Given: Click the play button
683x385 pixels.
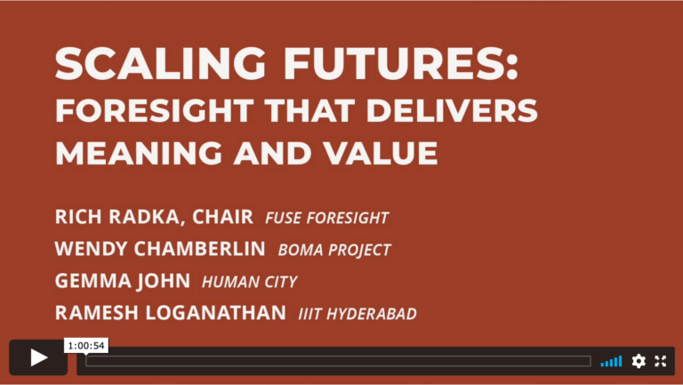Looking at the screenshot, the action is (x=38, y=357).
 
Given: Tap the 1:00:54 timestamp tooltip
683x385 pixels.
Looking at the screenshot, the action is (x=86, y=346).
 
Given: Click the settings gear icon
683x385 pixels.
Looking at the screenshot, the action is (x=639, y=361).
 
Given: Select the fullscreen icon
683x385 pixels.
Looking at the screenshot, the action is (x=661, y=361).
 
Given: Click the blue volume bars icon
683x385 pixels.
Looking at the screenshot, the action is (x=611, y=362).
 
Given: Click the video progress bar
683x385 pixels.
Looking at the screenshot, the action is (x=338, y=361).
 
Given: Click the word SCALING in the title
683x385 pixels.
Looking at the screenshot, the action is (x=160, y=64).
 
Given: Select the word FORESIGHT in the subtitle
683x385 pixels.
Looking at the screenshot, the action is (x=155, y=110).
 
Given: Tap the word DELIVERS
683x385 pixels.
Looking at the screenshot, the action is (x=452, y=110).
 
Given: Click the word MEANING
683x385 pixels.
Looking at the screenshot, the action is (x=139, y=153).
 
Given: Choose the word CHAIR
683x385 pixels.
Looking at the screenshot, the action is (x=222, y=217).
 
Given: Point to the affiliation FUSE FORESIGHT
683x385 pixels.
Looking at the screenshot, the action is (x=326, y=218).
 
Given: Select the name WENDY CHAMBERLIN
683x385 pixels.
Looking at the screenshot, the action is (x=160, y=249).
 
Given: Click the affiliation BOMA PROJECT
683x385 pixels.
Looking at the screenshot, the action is (x=334, y=250).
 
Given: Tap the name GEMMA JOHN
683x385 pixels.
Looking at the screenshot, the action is (x=123, y=281).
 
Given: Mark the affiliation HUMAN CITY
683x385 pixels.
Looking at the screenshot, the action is (x=249, y=282).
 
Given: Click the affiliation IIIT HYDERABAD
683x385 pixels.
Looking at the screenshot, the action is (x=358, y=314).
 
